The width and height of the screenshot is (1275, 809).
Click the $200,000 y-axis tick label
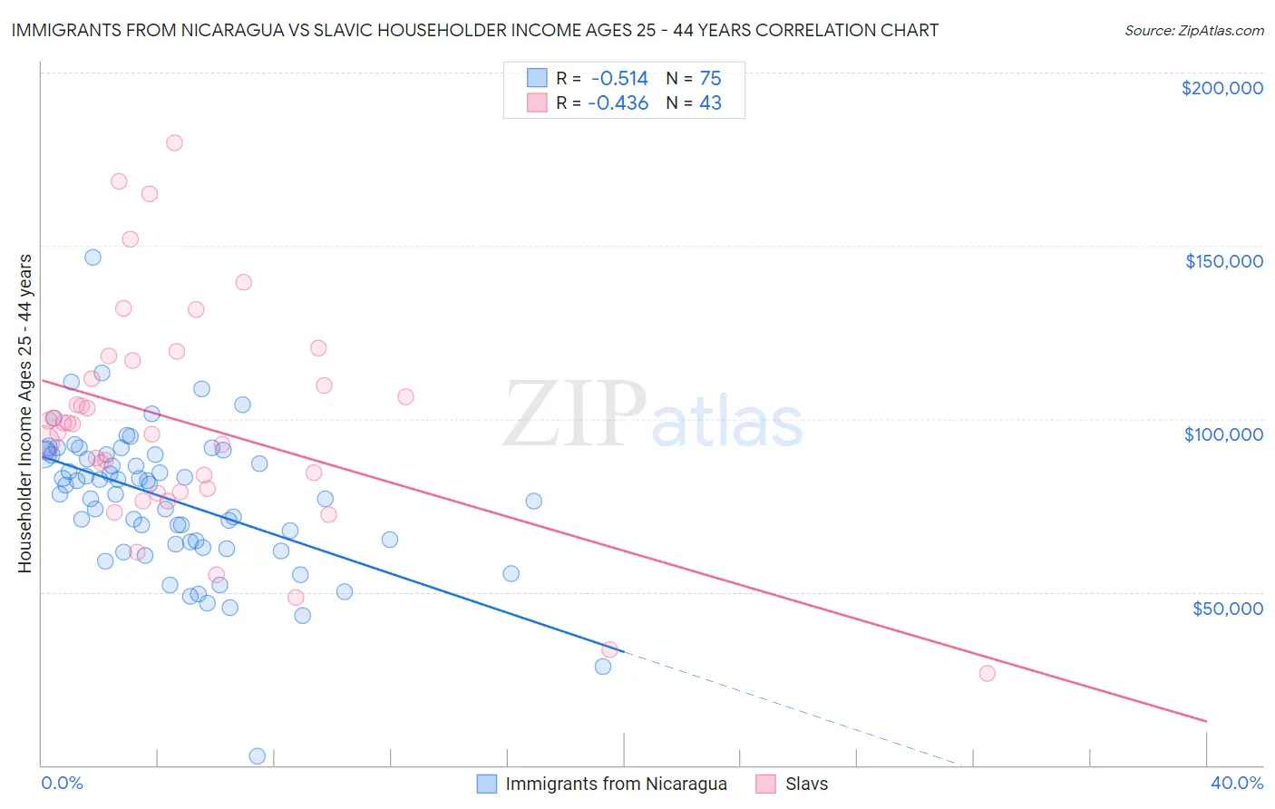pyautogui.click(x=1221, y=88)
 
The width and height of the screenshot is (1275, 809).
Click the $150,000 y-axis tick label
pyautogui.click(x=1223, y=261)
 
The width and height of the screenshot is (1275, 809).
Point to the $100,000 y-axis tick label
pyautogui.click(x=1223, y=434)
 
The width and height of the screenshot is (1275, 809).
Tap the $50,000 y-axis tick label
pyautogui.click(x=1227, y=608)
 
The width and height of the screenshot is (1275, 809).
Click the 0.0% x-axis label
pyautogui.click(x=62, y=783)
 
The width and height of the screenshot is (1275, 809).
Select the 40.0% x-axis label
pyautogui.click(x=1237, y=783)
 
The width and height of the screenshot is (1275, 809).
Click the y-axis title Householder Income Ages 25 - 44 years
pyautogui.click(x=24, y=414)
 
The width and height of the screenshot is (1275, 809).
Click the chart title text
pyautogui.click(x=474, y=30)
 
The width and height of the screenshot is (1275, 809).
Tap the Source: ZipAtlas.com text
pyautogui.click(x=1193, y=30)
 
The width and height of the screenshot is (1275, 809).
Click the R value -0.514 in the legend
pyautogui.click(x=619, y=78)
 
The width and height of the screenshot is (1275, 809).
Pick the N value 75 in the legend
pyautogui.click(x=710, y=78)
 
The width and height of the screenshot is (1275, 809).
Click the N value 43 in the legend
pyautogui.click(x=710, y=102)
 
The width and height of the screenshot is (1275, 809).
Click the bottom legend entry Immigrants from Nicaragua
pyautogui.click(x=616, y=784)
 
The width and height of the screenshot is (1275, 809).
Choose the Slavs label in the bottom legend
pyautogui.click(x=806, y=784)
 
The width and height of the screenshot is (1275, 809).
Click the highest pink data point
pyautogui.click(x=174, y=142)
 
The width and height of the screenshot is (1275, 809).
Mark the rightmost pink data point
pyautogui.click(x=987, y=673)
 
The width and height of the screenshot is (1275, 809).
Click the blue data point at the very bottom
pyautogui.click(x=257, y=755)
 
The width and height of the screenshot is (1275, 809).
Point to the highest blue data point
pyautogui.click(x=92, y=257)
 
